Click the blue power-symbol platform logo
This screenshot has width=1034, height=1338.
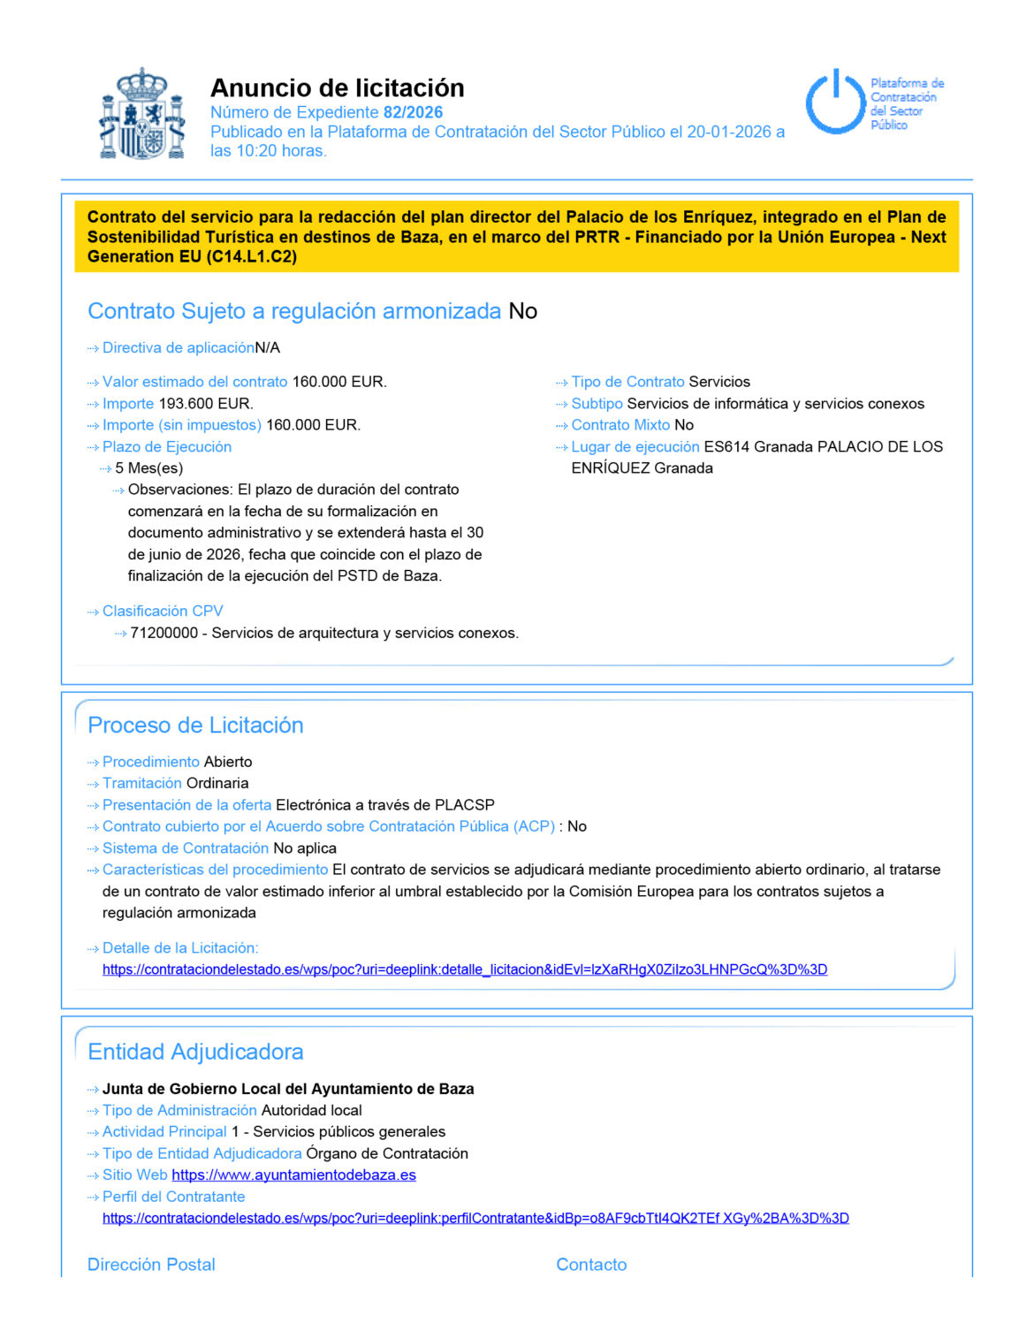(x=834, y=102)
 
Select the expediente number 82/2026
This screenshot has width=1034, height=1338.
(x=413, y=112)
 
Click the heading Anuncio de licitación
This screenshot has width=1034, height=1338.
(x=337, y=87)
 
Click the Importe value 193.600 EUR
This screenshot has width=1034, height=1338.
(x=206, y=404)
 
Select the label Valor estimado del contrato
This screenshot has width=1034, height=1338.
(x=194, y=382)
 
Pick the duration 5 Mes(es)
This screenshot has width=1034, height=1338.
(x=149, y=468)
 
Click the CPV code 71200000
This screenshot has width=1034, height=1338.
(x=163, y=633)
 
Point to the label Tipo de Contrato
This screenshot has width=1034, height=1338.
(x=627, y=382)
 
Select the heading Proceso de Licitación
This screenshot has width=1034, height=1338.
(x=195, y=726)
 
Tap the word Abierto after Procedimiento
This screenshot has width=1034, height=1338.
(x=228, y=762)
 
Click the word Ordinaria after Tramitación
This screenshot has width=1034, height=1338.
(x=217, y=783)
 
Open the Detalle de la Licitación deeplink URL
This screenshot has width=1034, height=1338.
(x=464, y=969)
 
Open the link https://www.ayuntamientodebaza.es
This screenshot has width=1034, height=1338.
(x=293, y=1175)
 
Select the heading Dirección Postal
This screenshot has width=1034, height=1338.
(x=151, y=1265)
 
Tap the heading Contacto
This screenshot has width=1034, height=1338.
(x=591, y=1265)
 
